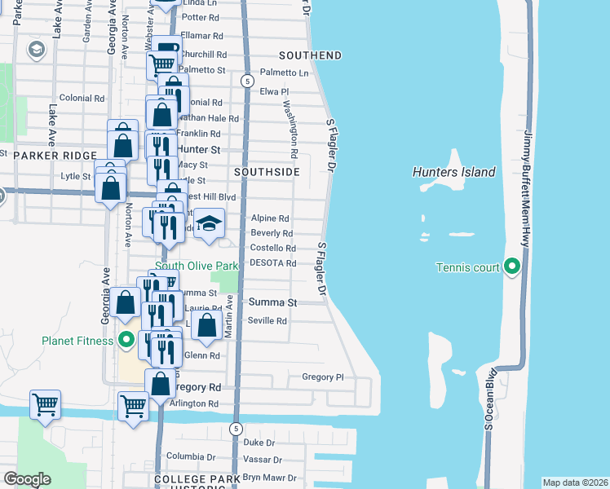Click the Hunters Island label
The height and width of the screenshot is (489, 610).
coord(453,172)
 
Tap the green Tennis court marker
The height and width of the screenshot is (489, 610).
coord(511,267)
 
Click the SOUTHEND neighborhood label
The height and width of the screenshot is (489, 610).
coord(310,55)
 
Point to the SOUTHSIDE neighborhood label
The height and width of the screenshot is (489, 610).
coord(267,173)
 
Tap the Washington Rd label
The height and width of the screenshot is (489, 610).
coord(289,129)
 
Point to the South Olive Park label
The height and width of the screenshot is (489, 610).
coord(196,267)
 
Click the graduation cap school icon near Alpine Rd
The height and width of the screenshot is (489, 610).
coord(210,223)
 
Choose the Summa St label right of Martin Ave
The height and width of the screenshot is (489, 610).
coord(272,302)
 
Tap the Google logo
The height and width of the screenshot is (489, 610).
coord(27,479)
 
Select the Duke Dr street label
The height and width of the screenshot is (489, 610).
coord(259,442)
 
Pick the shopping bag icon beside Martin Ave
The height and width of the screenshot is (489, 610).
coord(208,325)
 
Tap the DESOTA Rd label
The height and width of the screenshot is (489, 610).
coord(272,263)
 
